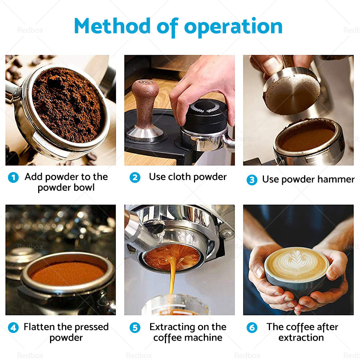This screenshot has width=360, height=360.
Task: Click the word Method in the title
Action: pos(112,26)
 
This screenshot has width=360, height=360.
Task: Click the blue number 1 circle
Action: pos(13,177)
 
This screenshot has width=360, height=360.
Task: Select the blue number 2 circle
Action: pos(135,177)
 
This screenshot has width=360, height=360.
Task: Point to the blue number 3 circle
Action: pos(252,180)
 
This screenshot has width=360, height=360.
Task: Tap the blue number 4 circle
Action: pos(13,328)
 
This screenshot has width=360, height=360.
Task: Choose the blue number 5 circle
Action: pos(135,328)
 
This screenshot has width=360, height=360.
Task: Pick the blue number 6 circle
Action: pos(252,328)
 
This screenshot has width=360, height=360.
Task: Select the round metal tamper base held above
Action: pos(292,91)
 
